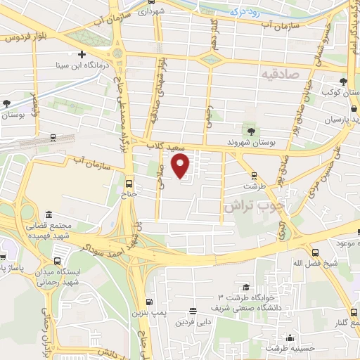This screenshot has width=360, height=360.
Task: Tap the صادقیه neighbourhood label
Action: (x=279, y=74)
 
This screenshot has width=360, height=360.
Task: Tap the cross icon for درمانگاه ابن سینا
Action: (x=82, y=54)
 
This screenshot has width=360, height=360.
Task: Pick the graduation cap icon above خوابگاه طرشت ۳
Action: (x=246, y=287)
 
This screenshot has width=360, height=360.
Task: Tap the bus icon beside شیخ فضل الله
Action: (x=314, y=253)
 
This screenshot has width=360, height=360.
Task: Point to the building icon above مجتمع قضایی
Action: (x=49, y=214)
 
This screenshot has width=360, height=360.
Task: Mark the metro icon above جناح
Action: (x=128, y=181)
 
